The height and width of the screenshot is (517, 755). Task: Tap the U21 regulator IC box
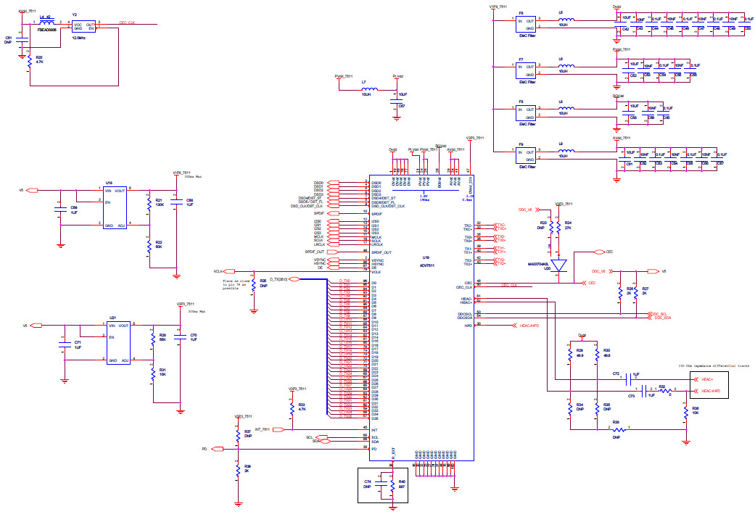[x=118, y=343]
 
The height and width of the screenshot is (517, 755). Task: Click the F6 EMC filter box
[x=526, y=24]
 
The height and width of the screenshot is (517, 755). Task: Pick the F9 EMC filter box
[x=526, y=155]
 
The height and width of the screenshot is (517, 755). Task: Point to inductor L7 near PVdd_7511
[x=368, y=89]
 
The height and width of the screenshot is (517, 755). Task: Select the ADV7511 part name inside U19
[x=428, y=265]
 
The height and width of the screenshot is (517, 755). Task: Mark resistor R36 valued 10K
[x=685, y=411]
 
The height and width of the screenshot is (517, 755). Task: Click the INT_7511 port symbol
[x=276, y=429]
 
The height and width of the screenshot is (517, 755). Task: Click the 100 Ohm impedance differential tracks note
[x=712, y=366]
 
